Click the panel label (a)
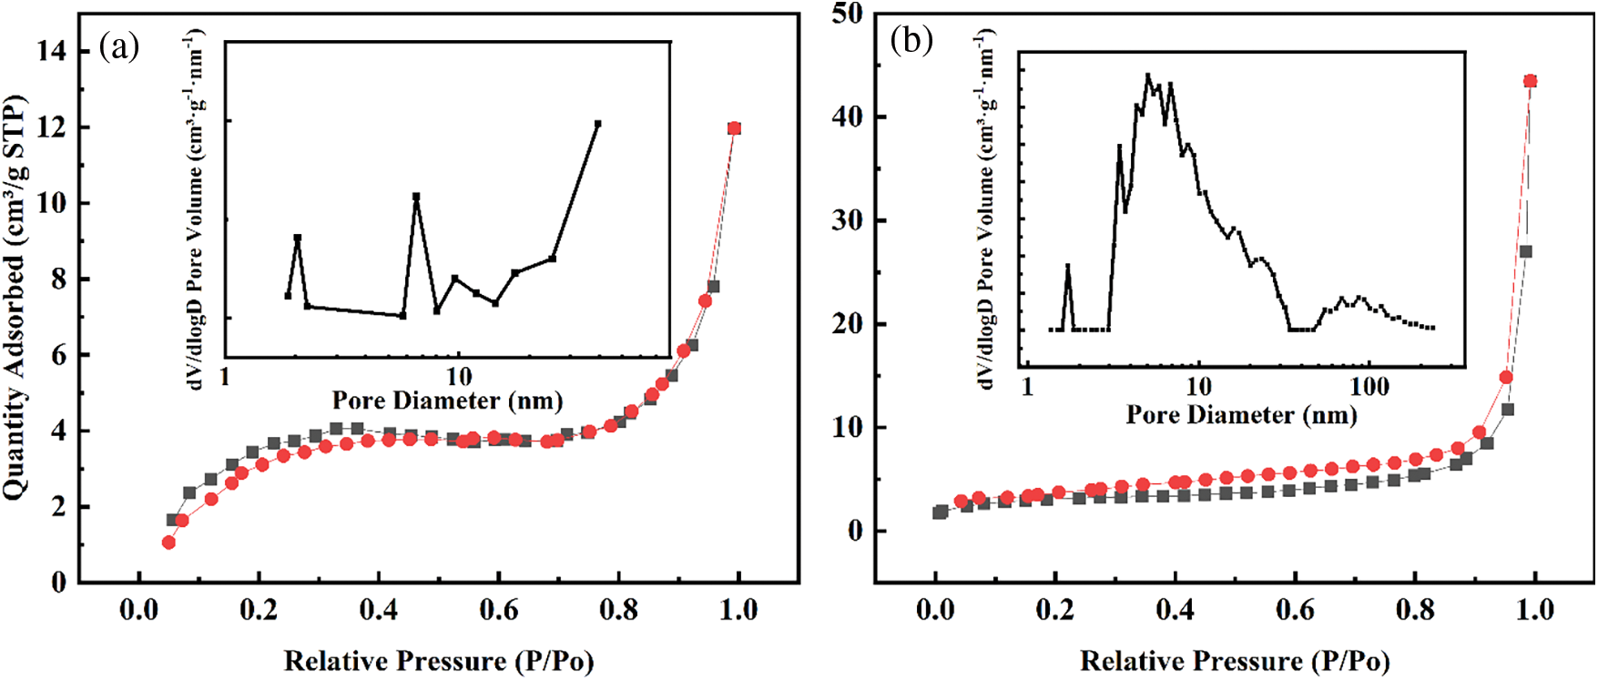(119, 46)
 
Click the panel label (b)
(911, 40)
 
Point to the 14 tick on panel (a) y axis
(53, 51)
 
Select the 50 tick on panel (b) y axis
(847, 14)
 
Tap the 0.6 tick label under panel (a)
(499, 609)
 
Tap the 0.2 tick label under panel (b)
(1055, 609)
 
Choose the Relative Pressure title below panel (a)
(439, 660)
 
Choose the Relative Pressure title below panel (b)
(1235, 660)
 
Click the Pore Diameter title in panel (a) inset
(447, 400)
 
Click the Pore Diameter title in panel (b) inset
(1241, 414)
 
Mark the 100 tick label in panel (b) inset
(1369, 387)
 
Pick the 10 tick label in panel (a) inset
(459, 376)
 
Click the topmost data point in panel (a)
(734, 128)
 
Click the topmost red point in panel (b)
(1530, 81)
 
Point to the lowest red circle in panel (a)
(168, 543)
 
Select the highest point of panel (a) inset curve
(597, 123)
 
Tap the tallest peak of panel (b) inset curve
(1148, 75)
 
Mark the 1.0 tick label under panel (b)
(1535, 609)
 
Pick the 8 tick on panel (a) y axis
(59, 279)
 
